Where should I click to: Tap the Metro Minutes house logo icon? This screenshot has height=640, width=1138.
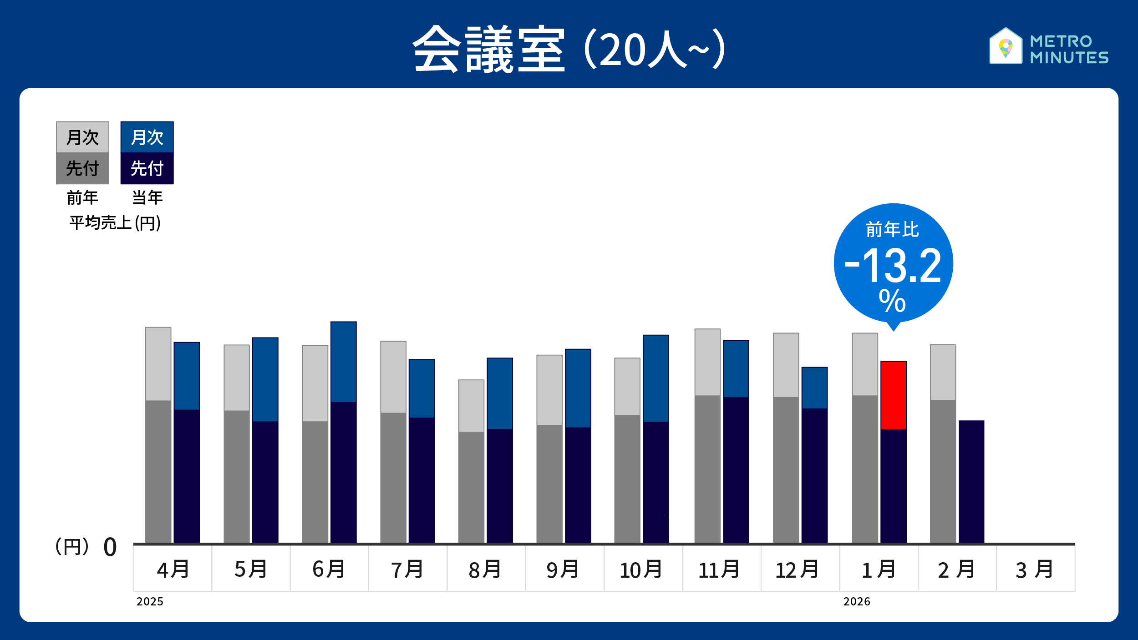coord(1006,46)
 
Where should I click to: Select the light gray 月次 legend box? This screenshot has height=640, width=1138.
coord(82,137)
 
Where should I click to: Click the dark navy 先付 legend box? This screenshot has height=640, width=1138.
coord(147,168)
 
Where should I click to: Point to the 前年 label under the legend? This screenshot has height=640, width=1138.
coord(82,198)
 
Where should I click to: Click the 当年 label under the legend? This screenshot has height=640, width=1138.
coord(147,198)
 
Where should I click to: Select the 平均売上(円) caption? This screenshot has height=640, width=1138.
coord(115,223)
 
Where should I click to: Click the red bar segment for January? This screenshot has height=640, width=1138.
coord(893,395)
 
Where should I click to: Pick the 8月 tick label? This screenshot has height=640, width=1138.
coord(485,569)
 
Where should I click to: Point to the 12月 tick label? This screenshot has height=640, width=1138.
coord(797,569)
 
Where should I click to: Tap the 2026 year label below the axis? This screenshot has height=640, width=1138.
coord(856,602)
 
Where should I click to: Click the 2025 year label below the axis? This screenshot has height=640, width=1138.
coord(150,602)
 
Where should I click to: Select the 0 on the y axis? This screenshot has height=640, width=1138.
coord(110,547)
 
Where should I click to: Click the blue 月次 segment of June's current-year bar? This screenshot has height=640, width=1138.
coord(343,362)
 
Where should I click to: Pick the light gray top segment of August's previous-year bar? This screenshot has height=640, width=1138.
coord(471,405)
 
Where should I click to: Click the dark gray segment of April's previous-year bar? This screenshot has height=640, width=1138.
coord(158,471)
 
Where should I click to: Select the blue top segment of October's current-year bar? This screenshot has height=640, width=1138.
coord(655,378)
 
